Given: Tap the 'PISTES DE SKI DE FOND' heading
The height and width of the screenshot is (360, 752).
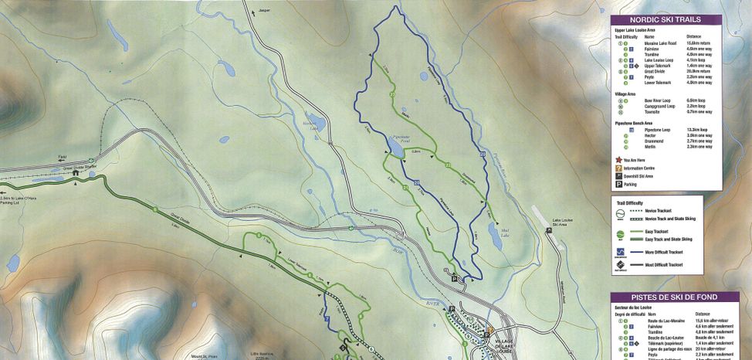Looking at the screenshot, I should (x=664, y=297).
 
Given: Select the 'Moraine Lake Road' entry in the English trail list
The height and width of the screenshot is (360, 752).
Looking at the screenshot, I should (x=661, y=43).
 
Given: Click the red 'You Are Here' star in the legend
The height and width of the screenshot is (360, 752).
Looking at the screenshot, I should (x=618, y=160).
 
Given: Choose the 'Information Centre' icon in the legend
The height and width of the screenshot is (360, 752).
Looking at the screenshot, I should (x=618, y=168).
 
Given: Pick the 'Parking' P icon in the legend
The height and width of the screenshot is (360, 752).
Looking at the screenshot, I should (x=618, y=185).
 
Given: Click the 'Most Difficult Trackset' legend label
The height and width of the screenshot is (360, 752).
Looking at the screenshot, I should (x=665, y=263).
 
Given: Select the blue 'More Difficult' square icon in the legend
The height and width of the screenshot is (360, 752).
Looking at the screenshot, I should (x=621, y=252).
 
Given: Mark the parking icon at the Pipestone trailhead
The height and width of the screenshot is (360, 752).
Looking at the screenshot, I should (x=455, y=278).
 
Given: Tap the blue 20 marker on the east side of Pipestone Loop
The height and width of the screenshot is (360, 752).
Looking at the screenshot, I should (x=482, y=155).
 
